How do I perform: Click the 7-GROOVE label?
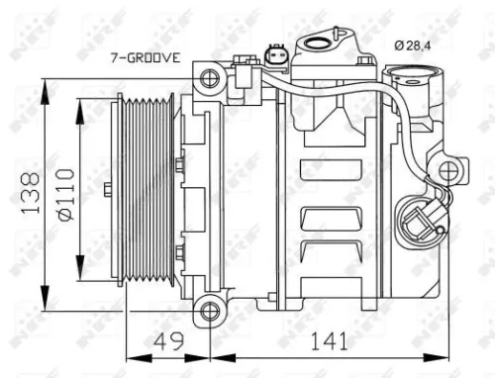[145, 56]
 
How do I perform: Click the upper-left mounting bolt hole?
[207, 77]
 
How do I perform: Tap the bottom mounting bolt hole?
[208, 313]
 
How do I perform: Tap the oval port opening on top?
[319, 44]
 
